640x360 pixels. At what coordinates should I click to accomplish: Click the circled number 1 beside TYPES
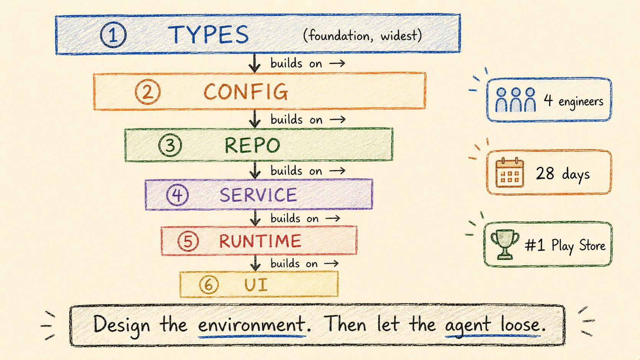(113, 35)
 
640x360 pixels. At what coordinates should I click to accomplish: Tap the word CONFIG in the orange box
(246, 92)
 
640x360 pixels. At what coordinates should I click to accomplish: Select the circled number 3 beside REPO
(170, 145)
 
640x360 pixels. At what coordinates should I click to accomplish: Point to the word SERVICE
(258, 195)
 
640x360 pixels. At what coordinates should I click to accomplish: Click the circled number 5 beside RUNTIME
(188, 241)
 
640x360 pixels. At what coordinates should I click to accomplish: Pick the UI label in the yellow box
(256, 285)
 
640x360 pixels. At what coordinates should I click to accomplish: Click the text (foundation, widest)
(362, 36)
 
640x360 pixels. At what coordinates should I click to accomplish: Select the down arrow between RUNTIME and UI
(255, 263)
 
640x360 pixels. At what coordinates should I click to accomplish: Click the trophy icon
(505, 244)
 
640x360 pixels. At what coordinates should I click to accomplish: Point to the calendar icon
(510, 173)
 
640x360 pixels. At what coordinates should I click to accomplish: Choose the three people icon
(516, 99)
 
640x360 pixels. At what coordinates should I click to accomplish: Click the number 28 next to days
(545, 173)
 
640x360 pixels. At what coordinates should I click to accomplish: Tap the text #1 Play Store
(565, 246)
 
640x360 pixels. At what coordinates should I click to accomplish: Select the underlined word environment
(251, 324)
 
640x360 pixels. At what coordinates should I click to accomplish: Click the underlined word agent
(467, 326)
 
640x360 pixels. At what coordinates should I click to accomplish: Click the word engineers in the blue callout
(581, 102)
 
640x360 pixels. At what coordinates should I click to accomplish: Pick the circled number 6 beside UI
(209, 285)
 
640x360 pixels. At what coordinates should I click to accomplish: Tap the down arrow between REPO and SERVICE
(255, 170)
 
